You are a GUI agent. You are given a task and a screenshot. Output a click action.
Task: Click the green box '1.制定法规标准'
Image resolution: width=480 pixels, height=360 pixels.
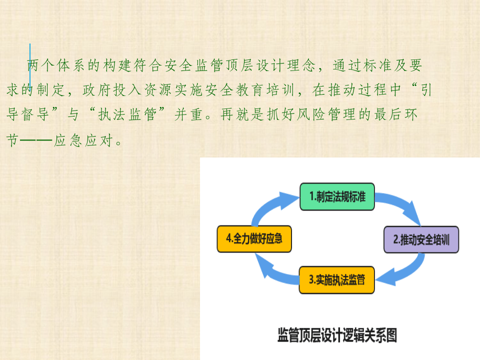coord(337,196)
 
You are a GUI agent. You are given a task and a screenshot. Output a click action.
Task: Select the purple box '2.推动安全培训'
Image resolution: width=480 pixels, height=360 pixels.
coord(421,239)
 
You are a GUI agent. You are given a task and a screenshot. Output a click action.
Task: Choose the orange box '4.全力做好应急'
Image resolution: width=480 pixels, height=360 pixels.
coord(254,238)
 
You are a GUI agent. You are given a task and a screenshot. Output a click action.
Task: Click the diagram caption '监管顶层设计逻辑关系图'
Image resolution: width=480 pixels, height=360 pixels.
coord(337,335)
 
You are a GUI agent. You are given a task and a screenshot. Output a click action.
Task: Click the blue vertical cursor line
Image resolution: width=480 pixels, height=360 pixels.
coord(29,65)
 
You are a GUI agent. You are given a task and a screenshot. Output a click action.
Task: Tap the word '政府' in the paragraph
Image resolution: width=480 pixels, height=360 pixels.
coord(95,90)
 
